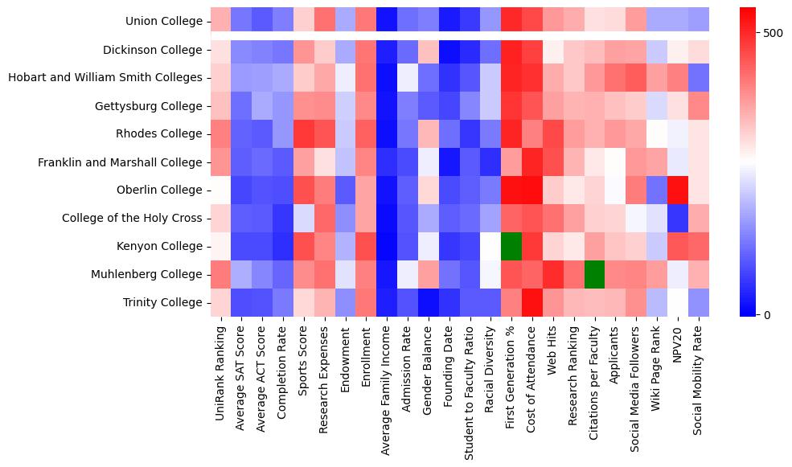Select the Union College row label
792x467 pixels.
164,21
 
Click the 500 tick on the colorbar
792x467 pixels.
774,33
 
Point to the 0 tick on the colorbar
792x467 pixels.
767,314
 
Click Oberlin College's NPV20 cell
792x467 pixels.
679,190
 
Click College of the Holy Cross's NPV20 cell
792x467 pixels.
679,218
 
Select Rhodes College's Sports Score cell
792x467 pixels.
304,133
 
